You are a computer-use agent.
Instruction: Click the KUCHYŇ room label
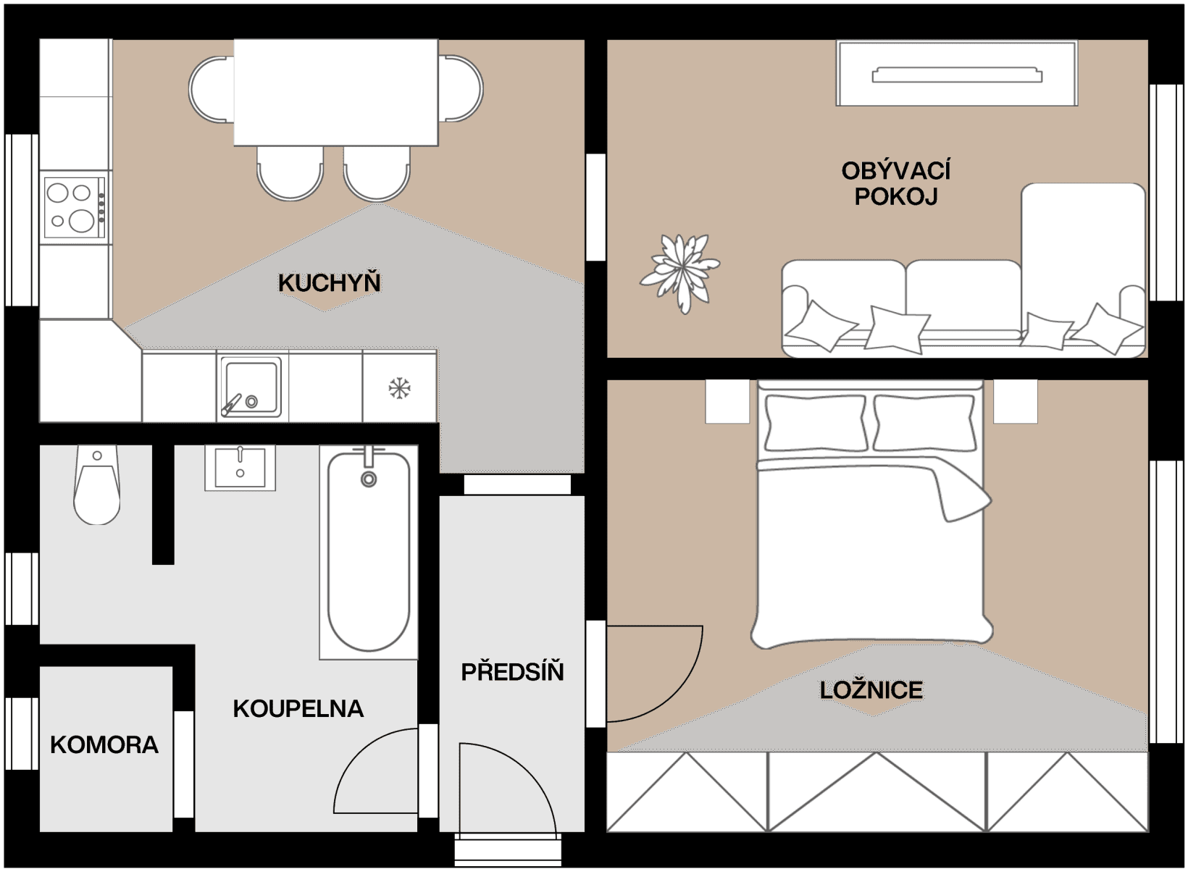tap(330, 282)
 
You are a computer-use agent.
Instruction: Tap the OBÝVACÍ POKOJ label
tap(896, 183)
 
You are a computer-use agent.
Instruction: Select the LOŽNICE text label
tap(871, 690)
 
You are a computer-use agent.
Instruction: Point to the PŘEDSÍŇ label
tap(512, 672)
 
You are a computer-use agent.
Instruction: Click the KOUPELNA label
tap(298, 708)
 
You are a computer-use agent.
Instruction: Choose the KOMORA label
tap(104, 744)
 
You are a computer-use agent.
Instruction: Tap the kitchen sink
tap(250, 386)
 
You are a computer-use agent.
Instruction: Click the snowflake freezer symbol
tap(399, 388)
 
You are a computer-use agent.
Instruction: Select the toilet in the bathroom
tap(96, 485)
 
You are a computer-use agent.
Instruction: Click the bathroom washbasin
tap(240, 467)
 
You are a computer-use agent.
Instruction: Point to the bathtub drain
tap(369, 479)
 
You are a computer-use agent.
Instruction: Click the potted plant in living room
tap(680, 272)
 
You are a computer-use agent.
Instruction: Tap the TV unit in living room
tap(957, 74)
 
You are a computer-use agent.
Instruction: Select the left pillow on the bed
tap(816, 423)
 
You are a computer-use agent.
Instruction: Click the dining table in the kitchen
tap(335, 92)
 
